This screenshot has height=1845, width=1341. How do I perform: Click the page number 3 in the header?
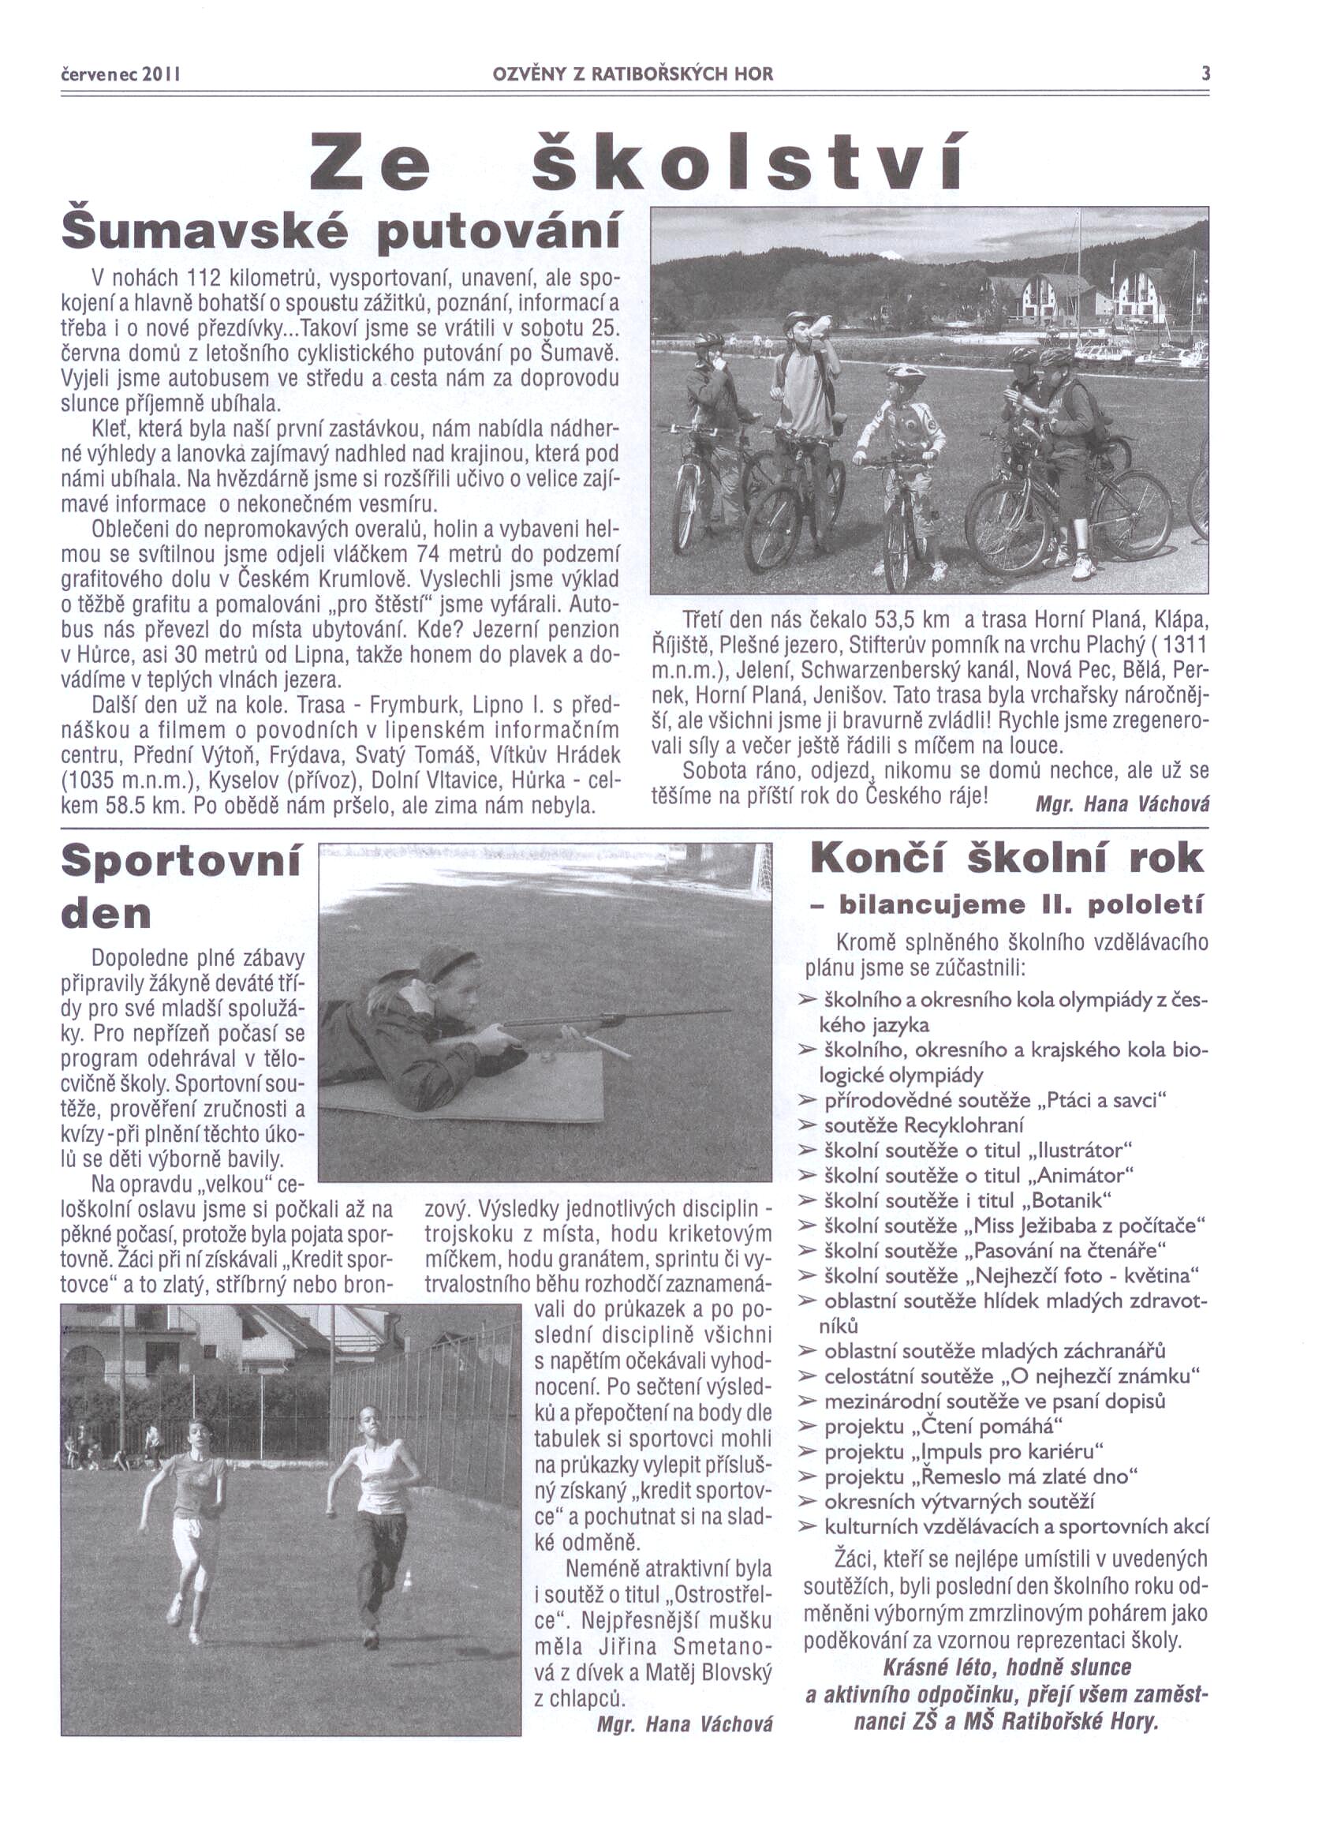[1206, 74]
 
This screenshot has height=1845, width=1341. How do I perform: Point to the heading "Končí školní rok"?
[1007, 858]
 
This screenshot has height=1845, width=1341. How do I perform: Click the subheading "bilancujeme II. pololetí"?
[1020, 904]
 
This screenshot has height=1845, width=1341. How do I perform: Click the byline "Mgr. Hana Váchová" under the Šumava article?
[1122, 803]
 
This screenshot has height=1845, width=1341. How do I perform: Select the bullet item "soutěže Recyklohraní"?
[924, 1126]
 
